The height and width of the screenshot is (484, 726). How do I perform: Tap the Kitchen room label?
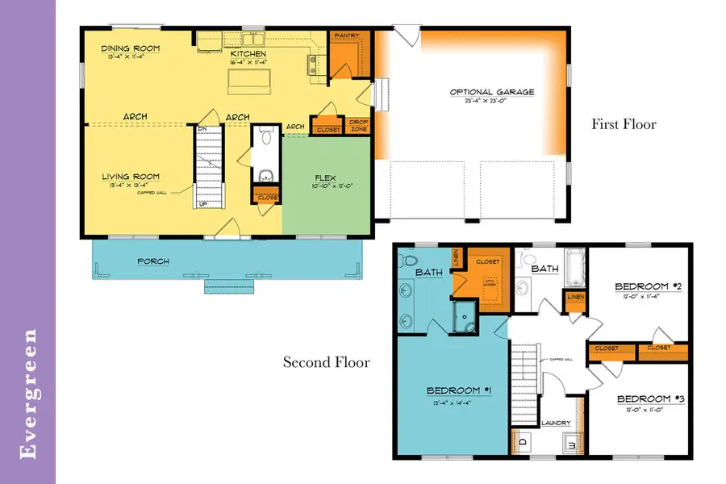coord(248,53)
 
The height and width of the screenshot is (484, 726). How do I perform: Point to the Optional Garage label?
coord(492,92)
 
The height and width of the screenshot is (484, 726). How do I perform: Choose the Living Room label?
coord(131,177)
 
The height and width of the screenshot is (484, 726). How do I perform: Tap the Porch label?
coord(152,261)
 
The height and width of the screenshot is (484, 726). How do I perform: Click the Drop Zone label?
coord(358,126)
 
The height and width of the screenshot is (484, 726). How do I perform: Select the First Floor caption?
coord(624,124)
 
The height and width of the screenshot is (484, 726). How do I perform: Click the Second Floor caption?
coord(326,362)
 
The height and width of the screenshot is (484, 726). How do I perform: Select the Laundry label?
coord(556,423)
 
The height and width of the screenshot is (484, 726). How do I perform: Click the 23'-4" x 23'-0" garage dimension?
coord(492,102)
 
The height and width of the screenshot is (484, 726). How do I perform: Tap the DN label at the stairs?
coord(202,128)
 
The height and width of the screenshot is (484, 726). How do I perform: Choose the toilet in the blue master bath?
coord(407,262)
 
